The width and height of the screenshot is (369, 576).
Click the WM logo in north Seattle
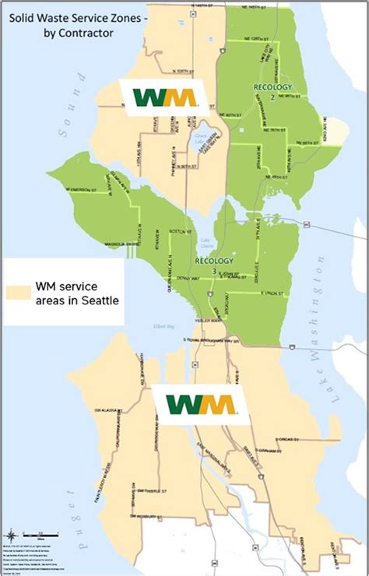click(x=164, y=98)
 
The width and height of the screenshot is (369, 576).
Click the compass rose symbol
click(x=12, y=536)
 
